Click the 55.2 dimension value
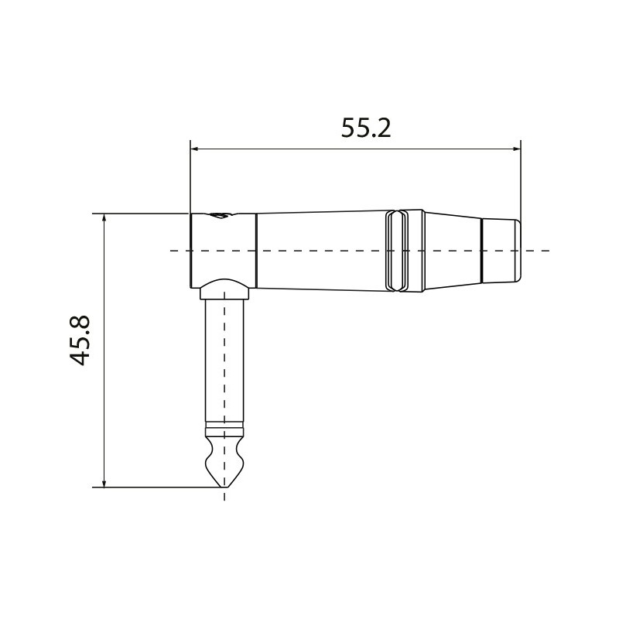click(366, 127)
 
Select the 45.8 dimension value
click(80, 340)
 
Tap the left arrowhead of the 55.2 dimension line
click(195, 149)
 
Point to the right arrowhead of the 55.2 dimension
click(515, 149)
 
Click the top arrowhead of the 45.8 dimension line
click(104, 219)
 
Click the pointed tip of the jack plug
click(224, 485)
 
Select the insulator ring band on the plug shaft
click(224, 428)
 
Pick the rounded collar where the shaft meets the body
click(224, 292)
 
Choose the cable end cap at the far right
click(501, 251)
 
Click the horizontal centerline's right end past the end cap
click(545, 251)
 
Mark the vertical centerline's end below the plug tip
click(224, 498)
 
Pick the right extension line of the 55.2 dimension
click(520, 178)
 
